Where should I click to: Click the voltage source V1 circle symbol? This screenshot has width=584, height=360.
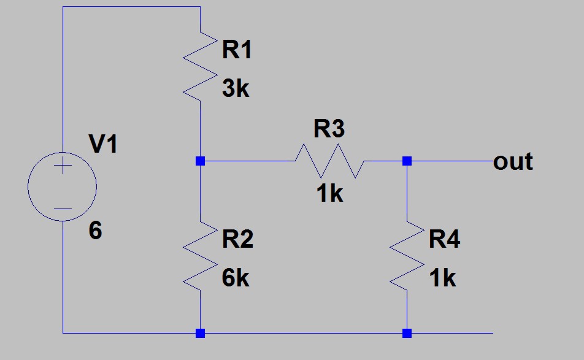[62, 185]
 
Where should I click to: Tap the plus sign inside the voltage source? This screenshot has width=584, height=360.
[62, 167]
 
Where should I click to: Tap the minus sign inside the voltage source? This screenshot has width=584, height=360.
[62, 209]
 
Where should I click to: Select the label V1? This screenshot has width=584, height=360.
[105, 145]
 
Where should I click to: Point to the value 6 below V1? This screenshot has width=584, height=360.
[95, 231]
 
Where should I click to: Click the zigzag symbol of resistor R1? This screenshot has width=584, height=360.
[200, 68]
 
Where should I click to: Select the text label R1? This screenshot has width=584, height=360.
[237, 50]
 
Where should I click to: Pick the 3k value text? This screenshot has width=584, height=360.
[236, 89]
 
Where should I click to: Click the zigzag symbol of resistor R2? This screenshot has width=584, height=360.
[200, 258]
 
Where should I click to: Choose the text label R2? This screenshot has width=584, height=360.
[237, 240]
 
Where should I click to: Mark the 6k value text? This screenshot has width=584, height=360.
[236, 278]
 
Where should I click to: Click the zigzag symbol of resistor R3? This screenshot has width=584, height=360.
[329, 161]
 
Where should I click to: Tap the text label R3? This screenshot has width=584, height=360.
[329, 129]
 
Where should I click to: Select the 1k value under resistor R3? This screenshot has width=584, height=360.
[329, 194]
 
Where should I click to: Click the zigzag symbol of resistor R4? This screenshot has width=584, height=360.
[407, 258]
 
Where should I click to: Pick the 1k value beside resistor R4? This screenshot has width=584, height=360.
[442, 278]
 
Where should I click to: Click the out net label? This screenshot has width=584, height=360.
[513, 162]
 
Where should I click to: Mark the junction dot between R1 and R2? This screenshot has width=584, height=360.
[200, 161]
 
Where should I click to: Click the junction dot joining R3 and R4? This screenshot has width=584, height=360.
[407, 161]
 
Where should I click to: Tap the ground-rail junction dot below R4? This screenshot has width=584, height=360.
[407, 334]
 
